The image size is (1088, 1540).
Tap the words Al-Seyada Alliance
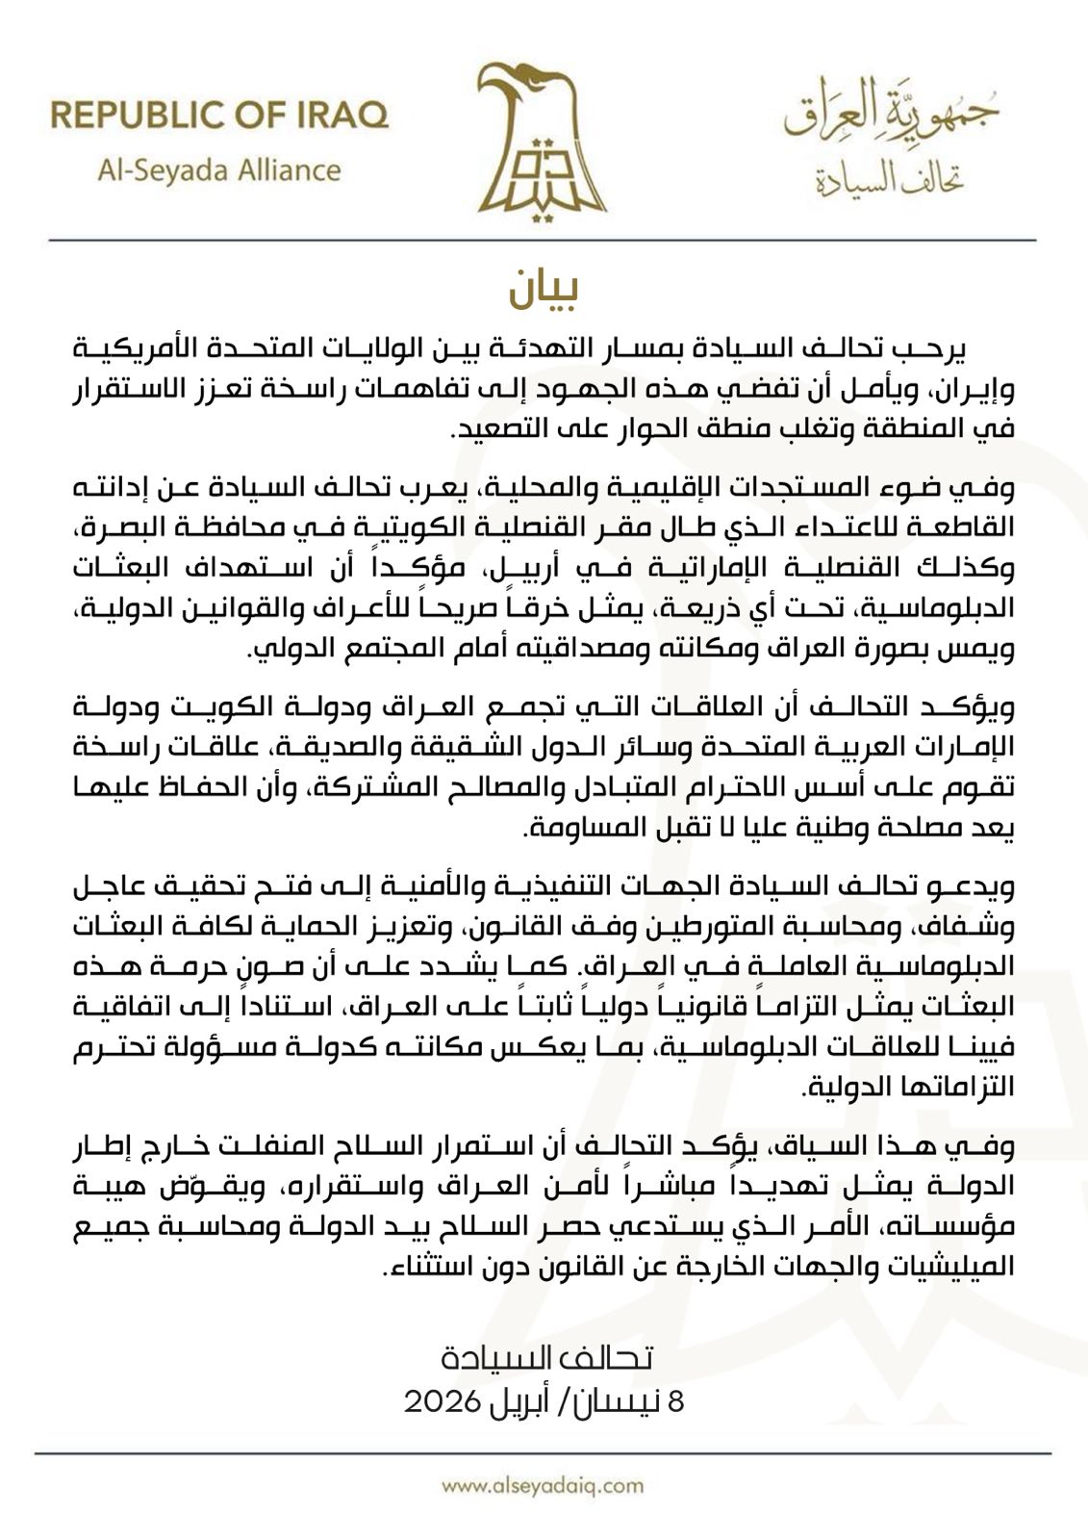219,170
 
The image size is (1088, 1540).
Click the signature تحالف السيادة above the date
546,1358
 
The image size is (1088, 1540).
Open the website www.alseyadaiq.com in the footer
544,1485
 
